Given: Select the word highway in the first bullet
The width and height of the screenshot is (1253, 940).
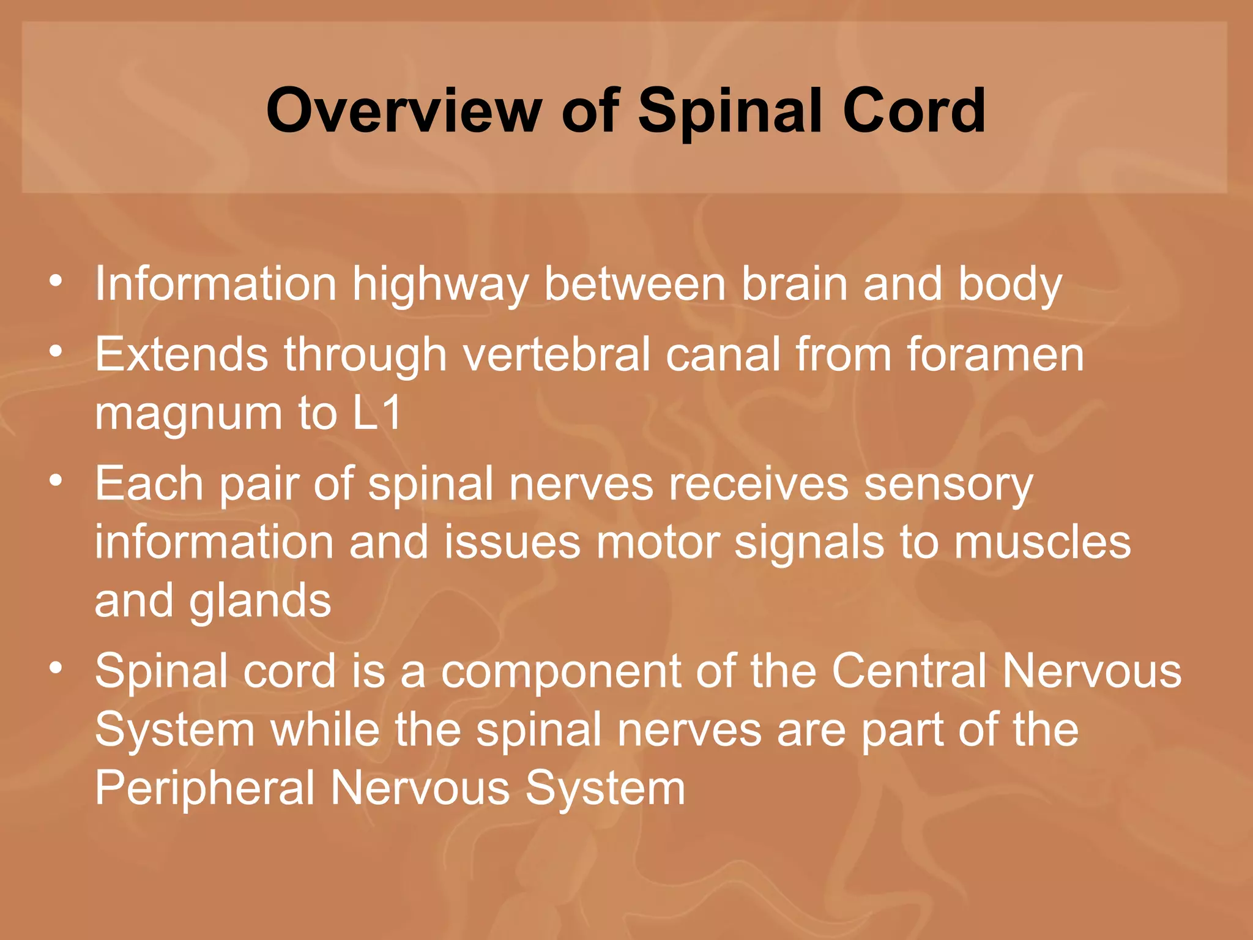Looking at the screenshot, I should coord(440,285).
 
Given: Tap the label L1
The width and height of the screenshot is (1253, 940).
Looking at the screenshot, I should coord(377,412).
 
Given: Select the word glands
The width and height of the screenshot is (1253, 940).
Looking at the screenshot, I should coord(260,602).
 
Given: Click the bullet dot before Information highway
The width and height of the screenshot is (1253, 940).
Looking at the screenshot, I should coord(56,282).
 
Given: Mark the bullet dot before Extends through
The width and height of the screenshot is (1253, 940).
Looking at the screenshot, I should coord(56,352).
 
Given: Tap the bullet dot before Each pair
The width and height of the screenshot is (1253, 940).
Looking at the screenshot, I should coord(56,481).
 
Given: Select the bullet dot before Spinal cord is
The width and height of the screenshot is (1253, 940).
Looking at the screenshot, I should coord(56,668).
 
